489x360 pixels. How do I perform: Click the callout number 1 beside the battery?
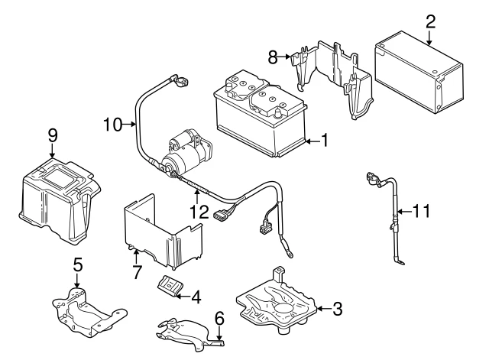click(325, 140)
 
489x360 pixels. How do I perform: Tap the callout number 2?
click(430, 22)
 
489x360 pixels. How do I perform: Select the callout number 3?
click(338, 309)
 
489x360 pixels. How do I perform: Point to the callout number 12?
click(199, 212)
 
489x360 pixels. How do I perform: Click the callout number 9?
click(53, 136)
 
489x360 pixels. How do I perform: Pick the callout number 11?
click(421, 211)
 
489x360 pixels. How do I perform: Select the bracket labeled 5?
click(89, 313)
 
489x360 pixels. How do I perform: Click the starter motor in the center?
click(186, 154)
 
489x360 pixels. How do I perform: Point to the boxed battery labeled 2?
click(419, 72)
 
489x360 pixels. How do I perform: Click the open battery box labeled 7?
click(163, 232)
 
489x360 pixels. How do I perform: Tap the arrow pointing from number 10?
click(129, 125)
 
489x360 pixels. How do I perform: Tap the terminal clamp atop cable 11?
click(374, 180)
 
